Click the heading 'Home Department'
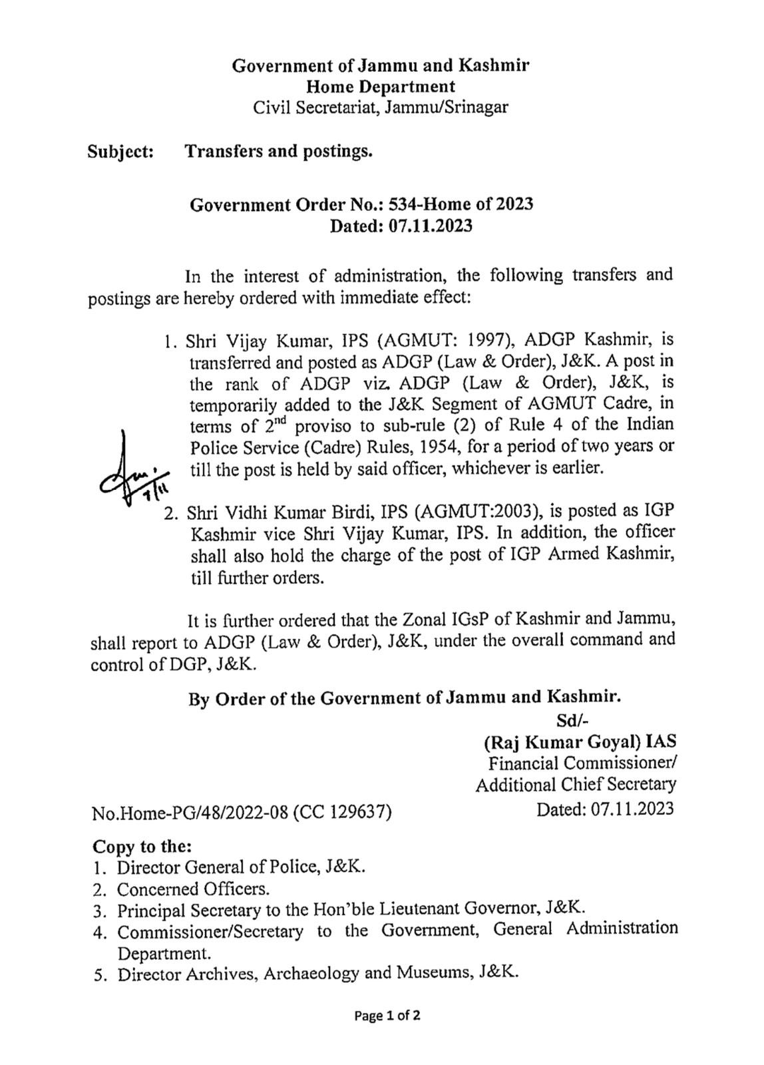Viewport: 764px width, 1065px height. (x=381, y=87)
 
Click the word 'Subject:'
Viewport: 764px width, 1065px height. (x=121, y=152)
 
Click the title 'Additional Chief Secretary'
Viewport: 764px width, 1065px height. (x=576, y=785)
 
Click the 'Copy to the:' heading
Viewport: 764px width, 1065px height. (x=142, y=847)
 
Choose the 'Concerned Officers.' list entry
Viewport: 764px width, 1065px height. (x=194, y=889)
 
